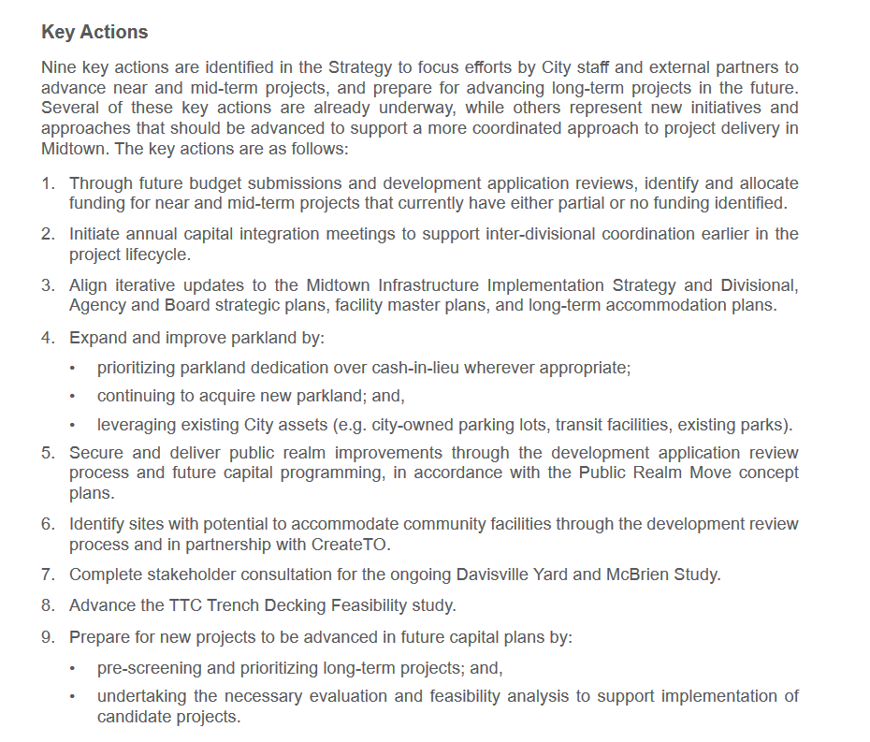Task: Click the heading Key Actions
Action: [x=94, y=32]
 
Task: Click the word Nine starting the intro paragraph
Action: [x=58, y=67]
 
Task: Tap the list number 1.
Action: [x=47, y=183]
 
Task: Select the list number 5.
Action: [x=47, y=453]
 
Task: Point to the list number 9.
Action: [x=47, y=638]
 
